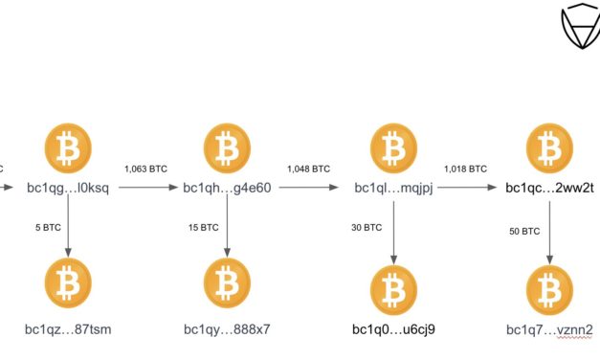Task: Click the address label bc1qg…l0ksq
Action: pos(68,188)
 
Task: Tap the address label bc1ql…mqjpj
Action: pos(394,188)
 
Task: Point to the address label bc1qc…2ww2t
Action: pos(550,188)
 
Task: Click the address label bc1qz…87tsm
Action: pos(68,330)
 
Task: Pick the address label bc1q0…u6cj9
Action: pos(394,330)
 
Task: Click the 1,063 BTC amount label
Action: pos(145,168)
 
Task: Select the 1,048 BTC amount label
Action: pos(307,168)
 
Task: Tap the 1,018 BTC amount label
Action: pos(465,168)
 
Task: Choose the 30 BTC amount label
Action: pos(367,228)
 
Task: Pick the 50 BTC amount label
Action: pos(524,231)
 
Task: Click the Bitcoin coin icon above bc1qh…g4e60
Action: pos(228,148)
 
